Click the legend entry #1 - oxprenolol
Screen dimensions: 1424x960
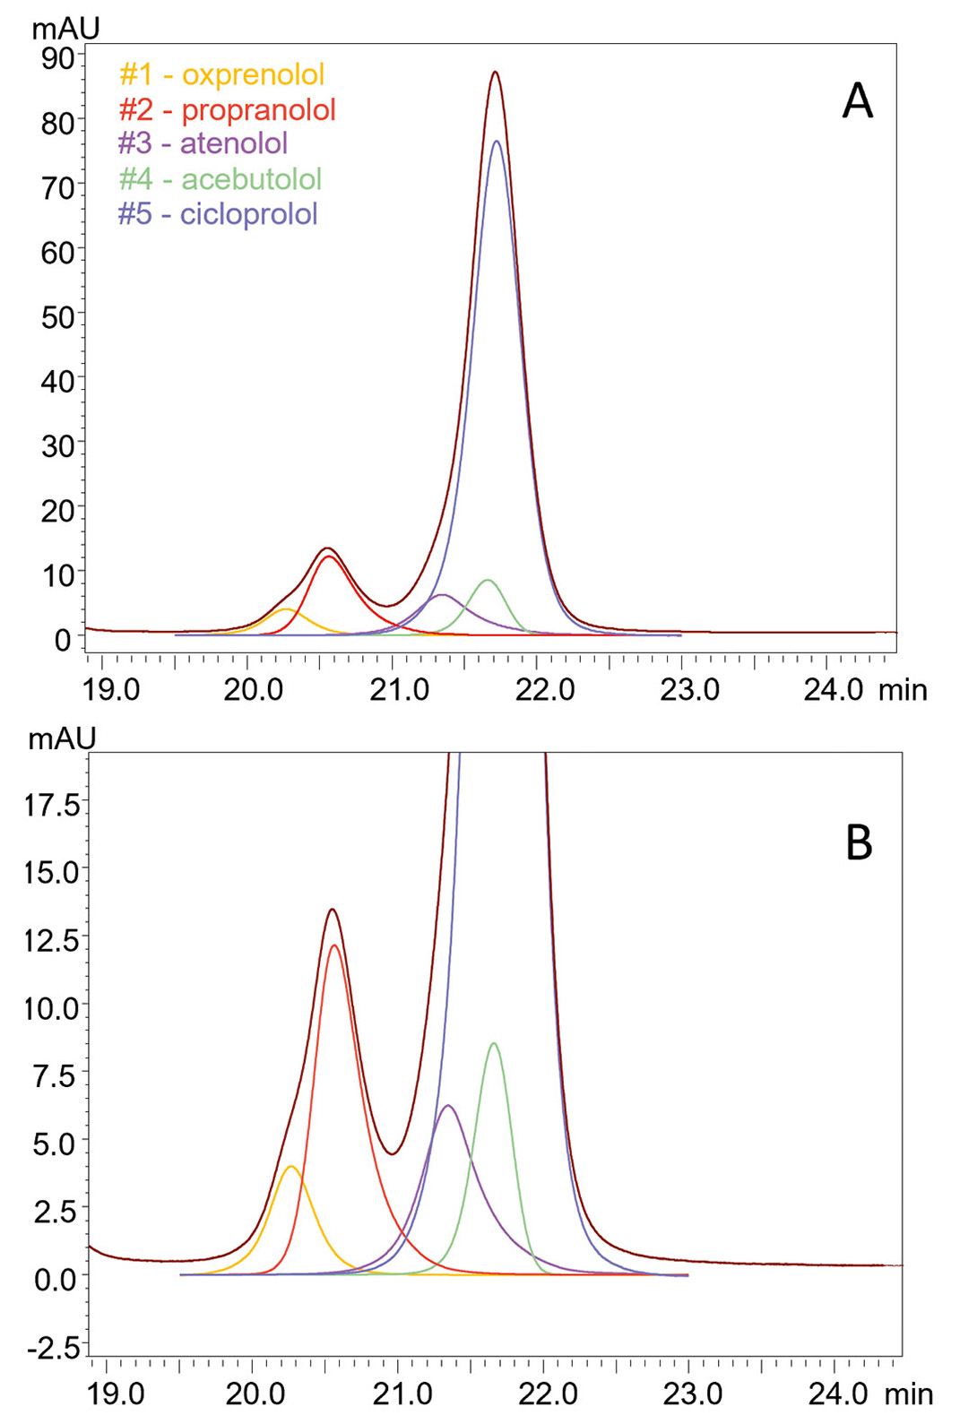pos(221,74)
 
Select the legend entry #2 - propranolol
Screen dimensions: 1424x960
pos(227,109)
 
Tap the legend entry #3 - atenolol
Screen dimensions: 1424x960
pos(203,143)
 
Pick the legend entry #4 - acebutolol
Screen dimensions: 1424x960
pos(220,179)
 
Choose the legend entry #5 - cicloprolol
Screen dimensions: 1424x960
pos(217,214)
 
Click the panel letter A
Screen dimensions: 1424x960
pos(857,102)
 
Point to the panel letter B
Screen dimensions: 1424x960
pos(859,843)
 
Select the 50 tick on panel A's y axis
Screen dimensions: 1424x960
pos(57,317)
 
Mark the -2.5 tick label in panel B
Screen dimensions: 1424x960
pos(52,1347)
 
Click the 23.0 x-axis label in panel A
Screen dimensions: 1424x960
pos(690,690)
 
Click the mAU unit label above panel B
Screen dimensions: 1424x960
pos(61,738)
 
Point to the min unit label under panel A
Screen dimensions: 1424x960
pos(903,690)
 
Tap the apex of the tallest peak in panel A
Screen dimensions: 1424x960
pos(495,72)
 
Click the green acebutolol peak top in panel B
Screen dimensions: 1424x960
pos(494,1043)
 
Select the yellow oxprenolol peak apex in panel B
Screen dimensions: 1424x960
pos(290,1166)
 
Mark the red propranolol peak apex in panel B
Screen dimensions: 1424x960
pos(334,945)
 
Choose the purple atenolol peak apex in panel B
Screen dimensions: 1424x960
pos(448,1105)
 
